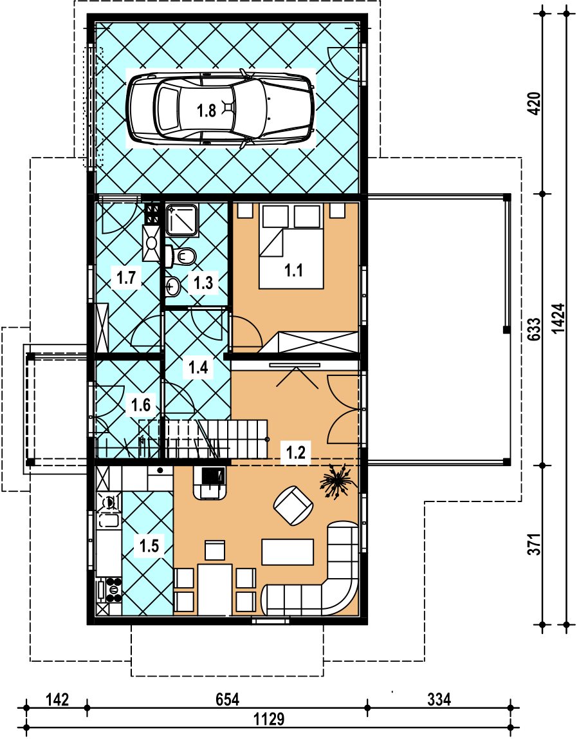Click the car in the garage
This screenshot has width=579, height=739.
(x=221, y=108)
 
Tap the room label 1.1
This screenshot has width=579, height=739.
(x=293, y=270)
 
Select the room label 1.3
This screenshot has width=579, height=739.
(x=203, y=283)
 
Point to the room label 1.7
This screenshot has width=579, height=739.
(x=126, y=277)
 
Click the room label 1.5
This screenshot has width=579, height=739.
(x=149, y=546)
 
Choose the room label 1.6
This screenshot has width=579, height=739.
(x=141, y=404)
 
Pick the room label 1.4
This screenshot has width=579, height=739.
(x=198, y=367)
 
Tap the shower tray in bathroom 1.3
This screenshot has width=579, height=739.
(x=182, y=220)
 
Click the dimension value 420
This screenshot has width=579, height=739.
(x=535, y=104)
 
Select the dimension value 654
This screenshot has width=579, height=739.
(x=228, y=699)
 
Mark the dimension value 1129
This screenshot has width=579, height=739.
(x=269, y=720)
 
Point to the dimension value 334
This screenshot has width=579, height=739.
(x=439, y=699)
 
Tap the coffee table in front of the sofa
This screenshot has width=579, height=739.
(x=288, y=552)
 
